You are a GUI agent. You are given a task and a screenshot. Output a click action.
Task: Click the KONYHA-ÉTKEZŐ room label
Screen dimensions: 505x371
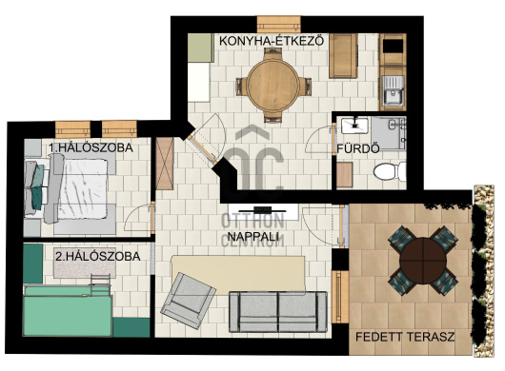(272, 41)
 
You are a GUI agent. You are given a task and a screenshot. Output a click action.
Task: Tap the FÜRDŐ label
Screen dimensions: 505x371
(358, 148)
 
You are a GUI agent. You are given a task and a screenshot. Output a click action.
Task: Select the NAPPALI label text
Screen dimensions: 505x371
(252, 237)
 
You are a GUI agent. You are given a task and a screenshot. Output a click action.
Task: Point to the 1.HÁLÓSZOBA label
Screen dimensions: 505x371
(91, 147)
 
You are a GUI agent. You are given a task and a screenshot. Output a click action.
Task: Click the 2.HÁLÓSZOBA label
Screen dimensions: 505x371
(97, 256)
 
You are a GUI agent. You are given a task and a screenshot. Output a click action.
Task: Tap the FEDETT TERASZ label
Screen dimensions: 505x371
(405, 337)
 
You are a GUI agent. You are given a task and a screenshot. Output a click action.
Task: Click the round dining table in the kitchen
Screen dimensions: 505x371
(273, 86)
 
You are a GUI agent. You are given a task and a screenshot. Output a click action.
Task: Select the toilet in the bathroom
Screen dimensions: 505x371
(390, 171)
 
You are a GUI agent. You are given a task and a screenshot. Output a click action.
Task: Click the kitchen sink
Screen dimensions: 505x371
(393, 91)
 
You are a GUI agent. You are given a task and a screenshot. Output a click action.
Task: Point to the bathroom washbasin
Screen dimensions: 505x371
(354, 126)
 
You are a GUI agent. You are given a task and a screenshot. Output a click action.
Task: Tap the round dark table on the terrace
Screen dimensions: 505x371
(423, 261)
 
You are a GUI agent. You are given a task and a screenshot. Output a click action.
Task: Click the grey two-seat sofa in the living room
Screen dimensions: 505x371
(278, 312)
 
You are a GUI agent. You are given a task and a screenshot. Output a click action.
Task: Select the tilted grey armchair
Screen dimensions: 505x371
(189, 301)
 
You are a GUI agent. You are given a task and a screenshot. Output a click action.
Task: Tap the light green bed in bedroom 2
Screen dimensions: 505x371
(68, 311)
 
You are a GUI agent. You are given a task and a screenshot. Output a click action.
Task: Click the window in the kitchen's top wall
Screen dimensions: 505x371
(279, 24)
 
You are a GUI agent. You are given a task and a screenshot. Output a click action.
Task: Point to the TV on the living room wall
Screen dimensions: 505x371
(262, 210)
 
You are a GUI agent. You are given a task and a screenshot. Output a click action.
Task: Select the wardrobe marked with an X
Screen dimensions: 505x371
(165, 164)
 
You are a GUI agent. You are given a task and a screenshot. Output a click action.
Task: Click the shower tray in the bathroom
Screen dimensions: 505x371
(389, 133)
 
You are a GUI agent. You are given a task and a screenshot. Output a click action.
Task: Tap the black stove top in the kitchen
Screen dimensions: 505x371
(393, 46)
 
